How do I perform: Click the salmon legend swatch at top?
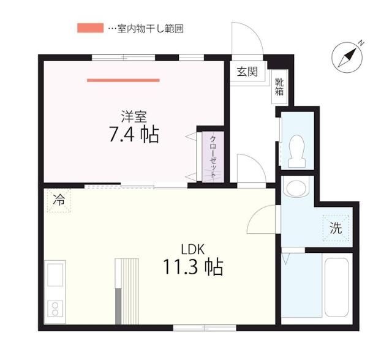pos(90,28)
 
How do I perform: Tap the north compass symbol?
pos(347,56)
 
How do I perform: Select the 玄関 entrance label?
pos(247,72)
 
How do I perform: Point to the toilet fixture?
pos(296,149)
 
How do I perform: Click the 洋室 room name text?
pos(133,116)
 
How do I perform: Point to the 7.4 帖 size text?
pos(134,135)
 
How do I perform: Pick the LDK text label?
pos(192,249)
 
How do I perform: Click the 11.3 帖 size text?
pos(192,268)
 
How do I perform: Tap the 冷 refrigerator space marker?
pos(59,200)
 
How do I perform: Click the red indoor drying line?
pos(123,80)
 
